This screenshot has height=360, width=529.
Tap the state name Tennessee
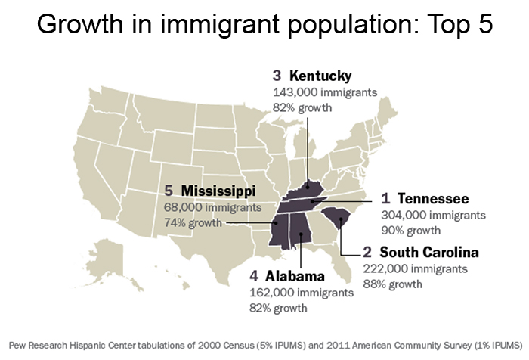433,199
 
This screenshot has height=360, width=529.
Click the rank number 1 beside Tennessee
385,199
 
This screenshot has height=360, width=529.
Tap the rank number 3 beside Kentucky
277,76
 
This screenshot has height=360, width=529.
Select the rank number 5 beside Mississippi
169,190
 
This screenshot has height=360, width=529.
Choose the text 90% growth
411,231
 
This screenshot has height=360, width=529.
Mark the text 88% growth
394,284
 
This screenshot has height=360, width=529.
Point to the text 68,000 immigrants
212,206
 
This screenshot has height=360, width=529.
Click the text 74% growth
193,222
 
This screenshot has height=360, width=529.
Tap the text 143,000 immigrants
325,92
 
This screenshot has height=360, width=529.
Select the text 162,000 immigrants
301,292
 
